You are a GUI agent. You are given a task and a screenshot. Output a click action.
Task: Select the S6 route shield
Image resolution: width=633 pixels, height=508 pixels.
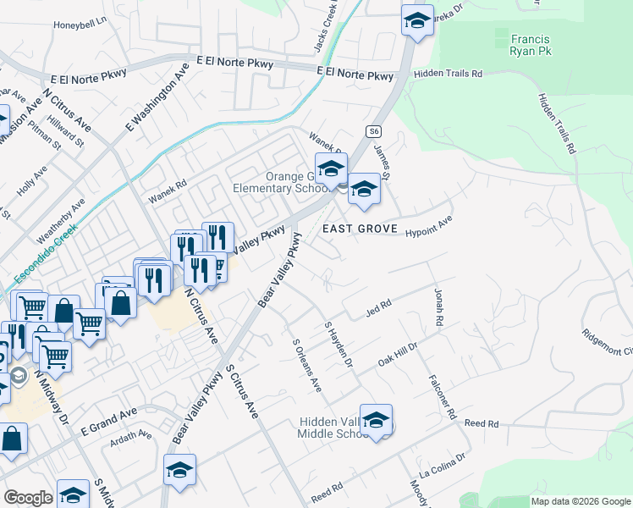pos(374,132)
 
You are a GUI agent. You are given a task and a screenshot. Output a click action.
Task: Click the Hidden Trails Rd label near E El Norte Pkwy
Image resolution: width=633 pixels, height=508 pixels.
pos(448,75)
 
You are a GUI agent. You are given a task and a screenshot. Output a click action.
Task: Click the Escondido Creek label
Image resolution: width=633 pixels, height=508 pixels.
pos(45,253)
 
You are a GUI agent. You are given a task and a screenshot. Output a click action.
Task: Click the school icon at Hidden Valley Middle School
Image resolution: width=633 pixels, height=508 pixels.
pos(376,419)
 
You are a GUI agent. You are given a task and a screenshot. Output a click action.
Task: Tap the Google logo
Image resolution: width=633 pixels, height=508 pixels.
pos(29,498)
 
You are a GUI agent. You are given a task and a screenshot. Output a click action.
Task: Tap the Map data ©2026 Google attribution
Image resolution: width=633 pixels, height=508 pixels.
pos(581,501)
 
